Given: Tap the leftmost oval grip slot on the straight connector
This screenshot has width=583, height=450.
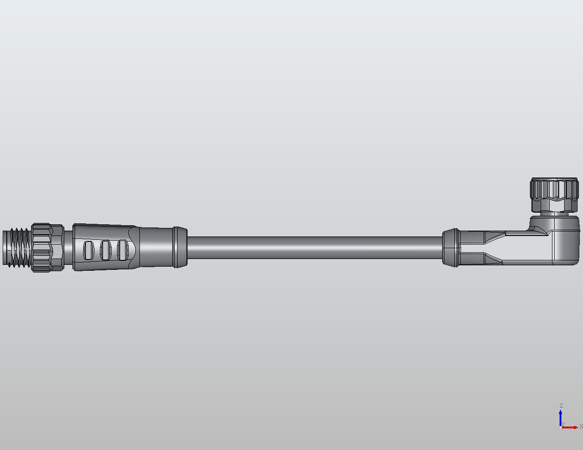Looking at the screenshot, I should pyautogui.click(x=89, y=250).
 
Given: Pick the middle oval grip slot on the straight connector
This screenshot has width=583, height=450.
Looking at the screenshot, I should pyautogui.click(x=106, y=250).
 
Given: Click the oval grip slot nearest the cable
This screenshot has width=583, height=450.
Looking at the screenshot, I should pyautogui.click(x=122, y=250).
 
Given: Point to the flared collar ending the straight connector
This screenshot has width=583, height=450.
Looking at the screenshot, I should pyautogui.click(x=180, y=247).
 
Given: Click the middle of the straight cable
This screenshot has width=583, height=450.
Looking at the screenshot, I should pyautogui.click(x=315, y=247).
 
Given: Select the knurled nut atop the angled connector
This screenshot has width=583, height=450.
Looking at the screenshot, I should pyautogui.click(x=554, y=189).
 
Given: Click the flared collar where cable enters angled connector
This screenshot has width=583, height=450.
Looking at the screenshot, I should pyautogui.click(x=450, y=247).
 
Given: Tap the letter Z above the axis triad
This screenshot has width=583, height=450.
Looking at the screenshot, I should pyautogui.click(x=561, y=406).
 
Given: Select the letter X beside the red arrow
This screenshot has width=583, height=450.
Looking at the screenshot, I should pyautogui.click(x=581, y=426).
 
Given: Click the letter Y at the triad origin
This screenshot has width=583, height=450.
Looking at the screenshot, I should pyautogui.click(x=563, y=424).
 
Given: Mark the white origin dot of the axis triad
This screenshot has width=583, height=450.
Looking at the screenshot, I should pyautogui.click(x=560, y=427).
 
